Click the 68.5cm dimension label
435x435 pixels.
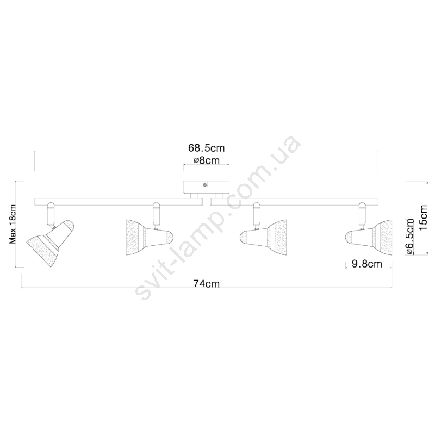coord(207,148)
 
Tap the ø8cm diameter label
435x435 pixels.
coord(207,160)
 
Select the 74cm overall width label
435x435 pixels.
coord(207,283)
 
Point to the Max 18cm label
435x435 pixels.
coord(13,224)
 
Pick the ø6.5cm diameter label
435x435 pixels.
coord(410,237)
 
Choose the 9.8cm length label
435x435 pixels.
coord(366,264)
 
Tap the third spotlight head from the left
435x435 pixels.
coord(263,238)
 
